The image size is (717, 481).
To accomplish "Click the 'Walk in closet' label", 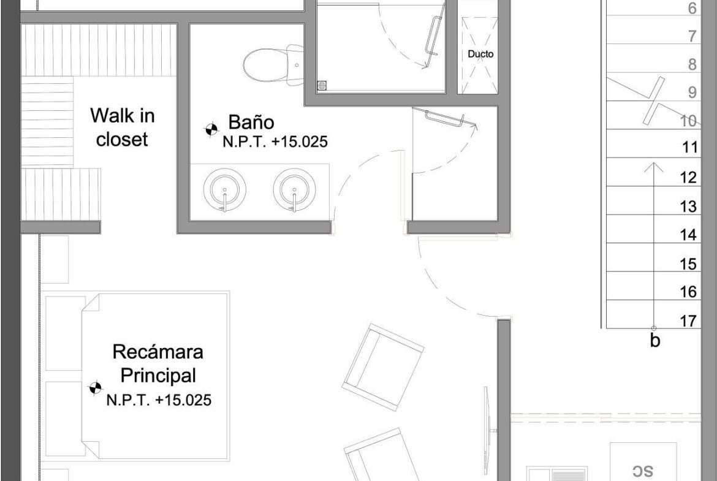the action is click(122, 127).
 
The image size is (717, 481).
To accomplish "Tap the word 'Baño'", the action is click(251, 122).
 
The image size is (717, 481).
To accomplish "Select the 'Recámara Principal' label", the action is click(157, 363).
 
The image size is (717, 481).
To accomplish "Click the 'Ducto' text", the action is click(480, 54).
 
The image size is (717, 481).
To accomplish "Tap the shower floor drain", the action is click(322, 86).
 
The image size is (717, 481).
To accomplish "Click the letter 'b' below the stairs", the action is click(655, 341).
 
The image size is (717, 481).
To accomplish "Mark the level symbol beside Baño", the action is click(211, 130).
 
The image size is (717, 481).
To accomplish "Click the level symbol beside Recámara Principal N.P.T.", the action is click(95, 388).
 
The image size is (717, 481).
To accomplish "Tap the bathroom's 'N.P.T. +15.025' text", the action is click(275, 142).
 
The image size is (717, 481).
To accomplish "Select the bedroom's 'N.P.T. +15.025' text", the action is click(159, 400).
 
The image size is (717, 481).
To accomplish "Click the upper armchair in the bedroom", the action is click(383, 368).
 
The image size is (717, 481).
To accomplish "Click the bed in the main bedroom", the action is click(156, 376).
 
